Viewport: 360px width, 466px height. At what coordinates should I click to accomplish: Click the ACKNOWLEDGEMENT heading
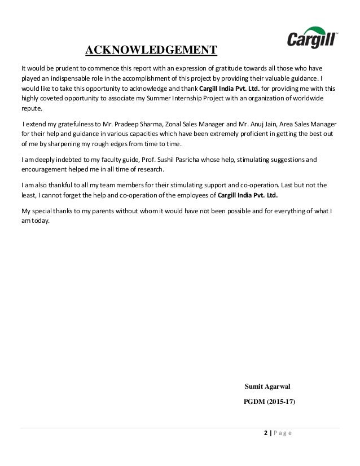coord(151,51)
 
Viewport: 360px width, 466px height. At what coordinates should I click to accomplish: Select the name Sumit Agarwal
coord(267,386)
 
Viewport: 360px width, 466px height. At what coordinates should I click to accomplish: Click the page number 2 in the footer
coord(266,433)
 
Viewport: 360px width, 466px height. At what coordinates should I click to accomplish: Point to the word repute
coord(30,109)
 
